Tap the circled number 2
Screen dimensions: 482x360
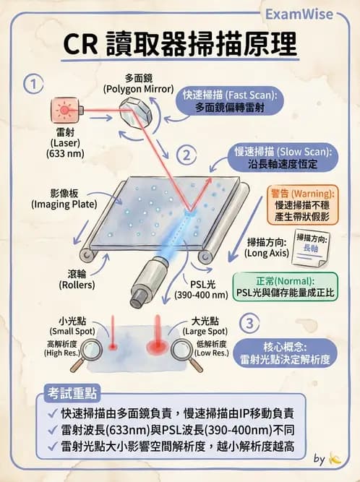187,153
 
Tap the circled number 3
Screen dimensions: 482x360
249,322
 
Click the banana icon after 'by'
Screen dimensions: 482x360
333,458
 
